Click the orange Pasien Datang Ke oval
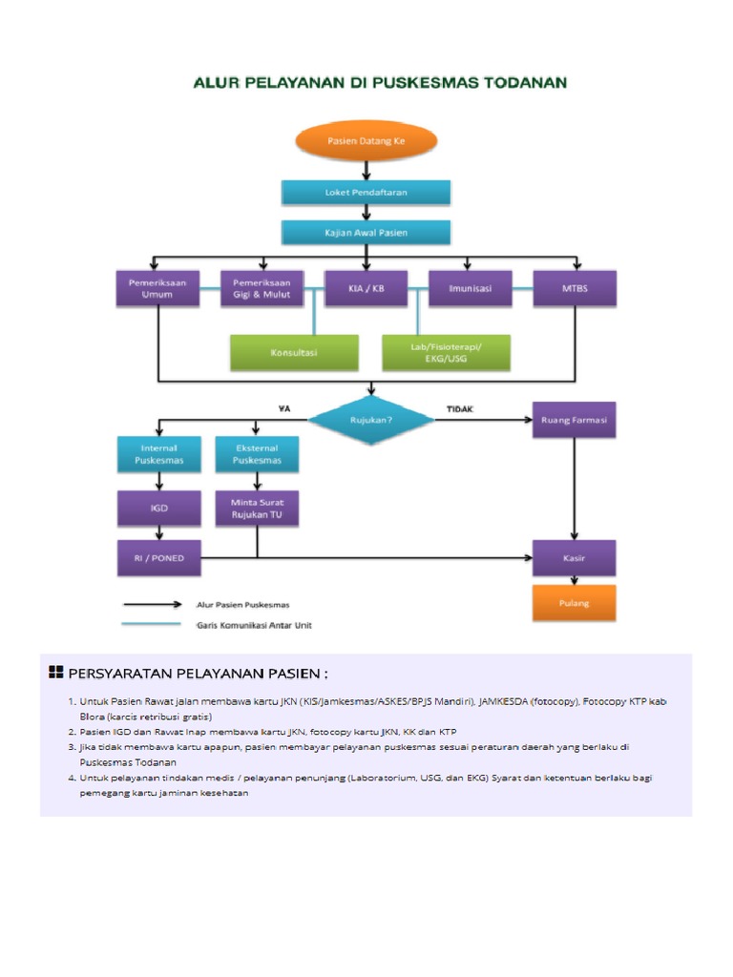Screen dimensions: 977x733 (367, 140)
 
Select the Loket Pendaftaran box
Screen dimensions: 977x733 (366, 193)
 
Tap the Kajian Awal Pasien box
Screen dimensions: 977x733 (366, 233)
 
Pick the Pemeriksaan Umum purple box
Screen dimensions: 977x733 (158, 288)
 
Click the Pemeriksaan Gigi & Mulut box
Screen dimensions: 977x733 (262, 288)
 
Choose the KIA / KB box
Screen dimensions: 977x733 (366, 288)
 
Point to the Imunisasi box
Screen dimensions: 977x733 (471, 288)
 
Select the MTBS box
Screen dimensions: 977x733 (575, 288)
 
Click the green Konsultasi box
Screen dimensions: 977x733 (295, 352)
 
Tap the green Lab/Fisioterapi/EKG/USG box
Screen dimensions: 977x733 (446, 352)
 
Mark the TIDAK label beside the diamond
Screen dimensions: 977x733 (460, 409)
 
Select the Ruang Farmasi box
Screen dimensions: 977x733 (575, 420)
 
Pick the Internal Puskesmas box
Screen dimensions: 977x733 (158, 453)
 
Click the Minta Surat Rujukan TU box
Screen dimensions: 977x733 (257, 509)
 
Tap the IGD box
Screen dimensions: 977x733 (158, 509)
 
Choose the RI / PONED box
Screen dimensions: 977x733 (158, 558)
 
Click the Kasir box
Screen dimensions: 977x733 (575, 558)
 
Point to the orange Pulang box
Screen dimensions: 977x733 (575, 603)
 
